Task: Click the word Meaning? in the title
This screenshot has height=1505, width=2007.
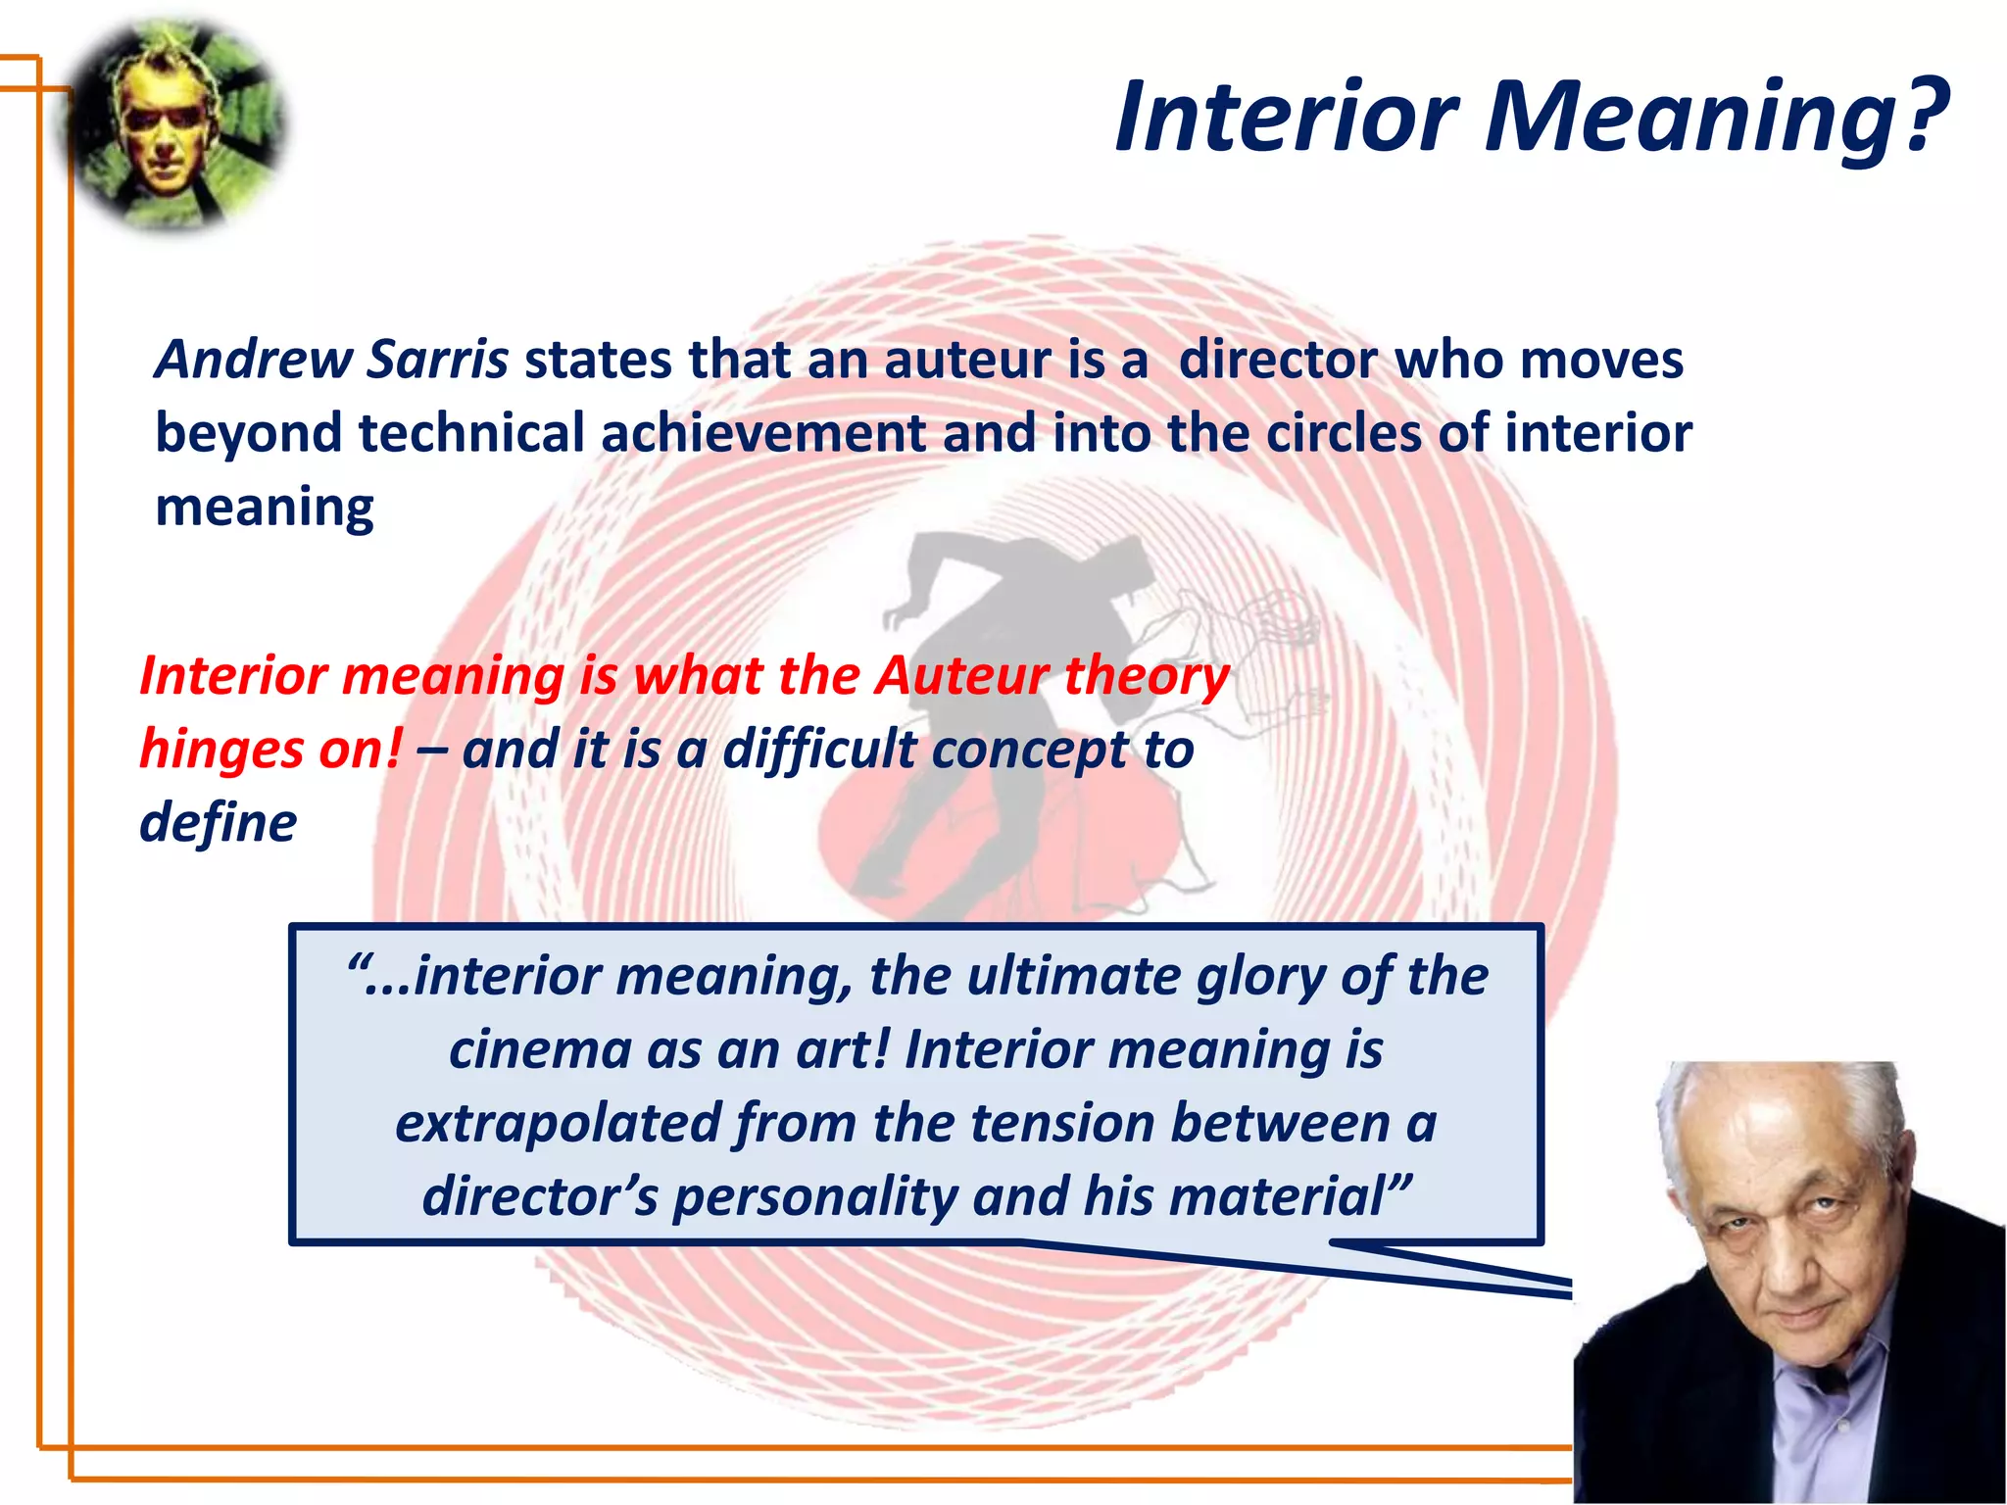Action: [x=1715, y=118]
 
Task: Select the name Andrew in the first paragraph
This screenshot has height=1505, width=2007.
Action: [x=253, y=360]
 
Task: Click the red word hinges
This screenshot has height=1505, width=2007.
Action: [x=209, y=750]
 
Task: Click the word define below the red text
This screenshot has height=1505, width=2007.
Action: [x=218, y=823]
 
